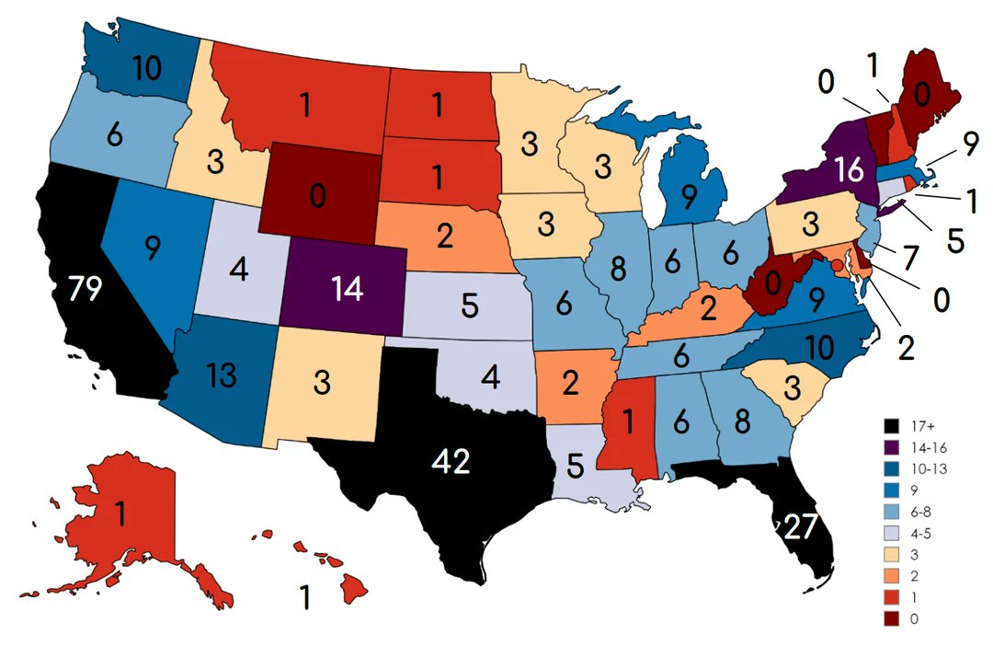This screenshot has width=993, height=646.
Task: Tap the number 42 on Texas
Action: [451, 462]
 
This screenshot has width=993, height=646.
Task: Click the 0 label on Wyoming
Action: [317, 197]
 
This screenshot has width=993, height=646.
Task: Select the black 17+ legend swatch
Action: [890, 426]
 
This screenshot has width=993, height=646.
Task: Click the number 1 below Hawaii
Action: [304, 598]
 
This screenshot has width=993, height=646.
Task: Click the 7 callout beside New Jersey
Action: [909, 258]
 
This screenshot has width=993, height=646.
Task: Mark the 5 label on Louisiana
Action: [576, 467]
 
